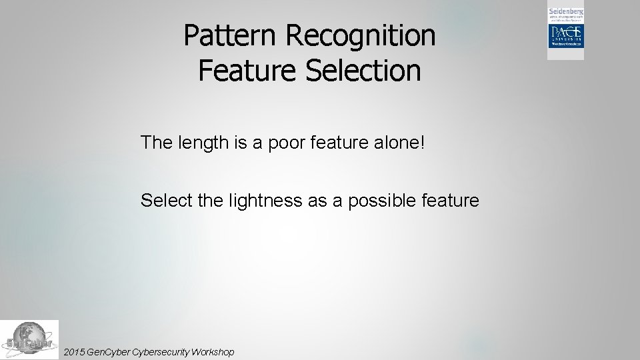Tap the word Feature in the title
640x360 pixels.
point(247,70)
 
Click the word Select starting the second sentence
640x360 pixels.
point(167,200)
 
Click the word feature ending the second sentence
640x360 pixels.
point(452,200)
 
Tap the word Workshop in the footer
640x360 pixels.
point(212,351)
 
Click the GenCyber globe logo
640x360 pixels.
point(29,340)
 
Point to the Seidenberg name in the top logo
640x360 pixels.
point(565,12)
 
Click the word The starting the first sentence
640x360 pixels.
point(155,142)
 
